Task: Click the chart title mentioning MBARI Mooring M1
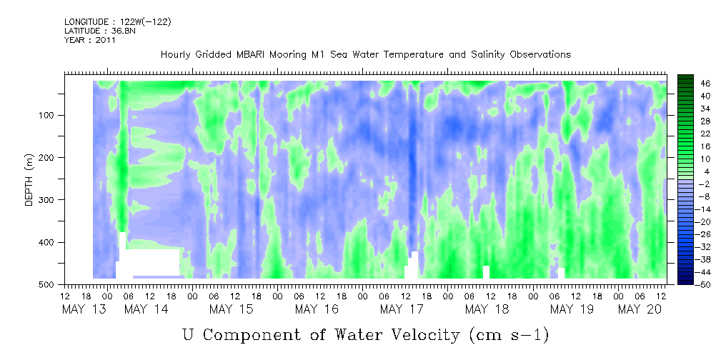click(365, 54)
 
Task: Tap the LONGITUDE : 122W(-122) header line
click(117, 22)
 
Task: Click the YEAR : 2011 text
click(89, 40)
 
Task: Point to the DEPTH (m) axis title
click(29, 182)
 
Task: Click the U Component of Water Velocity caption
click(365, 334)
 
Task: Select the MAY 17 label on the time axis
click(402, 309)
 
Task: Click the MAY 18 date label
click(487, 309)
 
